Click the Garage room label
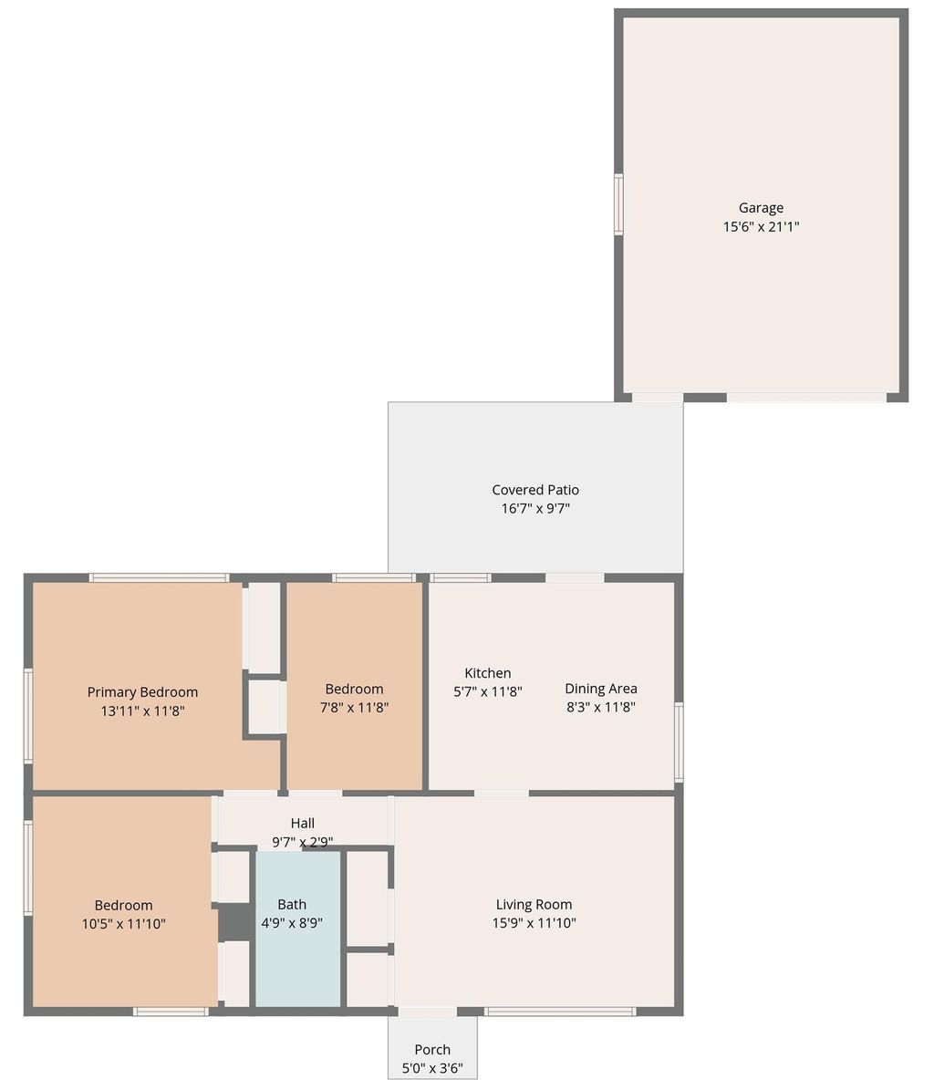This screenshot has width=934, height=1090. click(761, 208)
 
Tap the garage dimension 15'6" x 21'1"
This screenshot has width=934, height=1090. click(761, 226)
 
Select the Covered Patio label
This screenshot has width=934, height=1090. click(535, 490)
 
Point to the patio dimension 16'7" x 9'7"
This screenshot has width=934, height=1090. click(535, 509)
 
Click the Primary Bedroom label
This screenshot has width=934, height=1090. click(142, 692)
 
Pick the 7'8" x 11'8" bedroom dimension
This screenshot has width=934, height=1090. click(354, 707)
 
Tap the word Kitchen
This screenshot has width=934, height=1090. click(488, 673)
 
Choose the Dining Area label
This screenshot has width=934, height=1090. click(601, 689)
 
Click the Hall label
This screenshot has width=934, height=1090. click(303, 824)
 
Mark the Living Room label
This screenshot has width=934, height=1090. click(534, 905)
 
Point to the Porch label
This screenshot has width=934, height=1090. click(432, 1050)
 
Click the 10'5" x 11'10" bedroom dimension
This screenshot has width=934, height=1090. click(124, 923)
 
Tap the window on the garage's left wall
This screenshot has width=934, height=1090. click(618, 204)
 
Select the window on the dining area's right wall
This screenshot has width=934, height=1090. click(679, 742)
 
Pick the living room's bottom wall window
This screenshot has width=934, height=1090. click(559, 1011)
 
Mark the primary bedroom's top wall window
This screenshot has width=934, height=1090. click(159, 577)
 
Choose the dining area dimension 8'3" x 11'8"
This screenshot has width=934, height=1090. click(601, 707)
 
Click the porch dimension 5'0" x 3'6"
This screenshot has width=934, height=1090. click(432, 1068)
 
